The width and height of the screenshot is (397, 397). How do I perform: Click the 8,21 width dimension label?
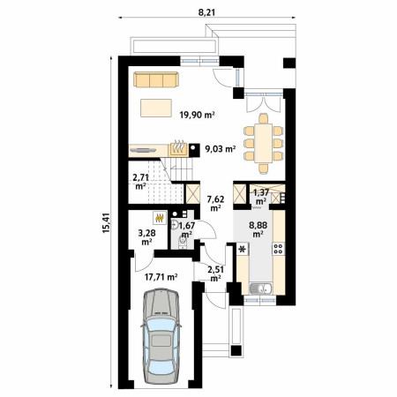pyautogui.click(x=206, y=12)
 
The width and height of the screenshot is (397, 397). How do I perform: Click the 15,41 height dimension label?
pyautogui.click(x=106, y=223)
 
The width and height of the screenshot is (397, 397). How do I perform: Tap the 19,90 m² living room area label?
pyautogui.click(x=197, y=115)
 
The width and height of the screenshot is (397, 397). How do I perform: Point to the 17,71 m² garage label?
pyautogui.click(x=161, y=277)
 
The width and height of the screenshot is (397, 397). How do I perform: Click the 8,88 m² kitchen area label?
pyautogui.click(x=258, y=229)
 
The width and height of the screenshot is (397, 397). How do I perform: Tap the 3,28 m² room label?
pyautogui.click(x=146, y=237)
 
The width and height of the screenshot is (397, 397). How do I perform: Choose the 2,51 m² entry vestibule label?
pyautogui.click(x=215, y=273)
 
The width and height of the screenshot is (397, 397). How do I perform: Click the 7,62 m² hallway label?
pyautogui.click(x=215, y=204)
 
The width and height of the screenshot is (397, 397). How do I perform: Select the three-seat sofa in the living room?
pyautogui.click(x=156, y=79)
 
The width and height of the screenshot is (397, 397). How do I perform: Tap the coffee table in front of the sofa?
pyautogui.click(x=156, y=108)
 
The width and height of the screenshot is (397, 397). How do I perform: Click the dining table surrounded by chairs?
pyautogui.click(x=264, y=143)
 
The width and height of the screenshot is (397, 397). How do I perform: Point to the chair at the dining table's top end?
pyautogui.click(x=264, y=118)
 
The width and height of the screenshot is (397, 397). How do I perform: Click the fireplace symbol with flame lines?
pyautogui.click(x=178, y=149)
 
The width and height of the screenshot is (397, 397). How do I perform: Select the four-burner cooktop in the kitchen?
pyautogui.click(x=278, y=249)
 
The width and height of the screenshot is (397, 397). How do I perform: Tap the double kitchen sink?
pyautogui.click(x=261, y=288)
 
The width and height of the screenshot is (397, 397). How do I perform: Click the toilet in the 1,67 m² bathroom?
pyautogui.click(x=183, y=243)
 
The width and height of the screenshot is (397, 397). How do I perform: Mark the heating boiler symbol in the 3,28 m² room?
pyautogui.click(x=160, y=218)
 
